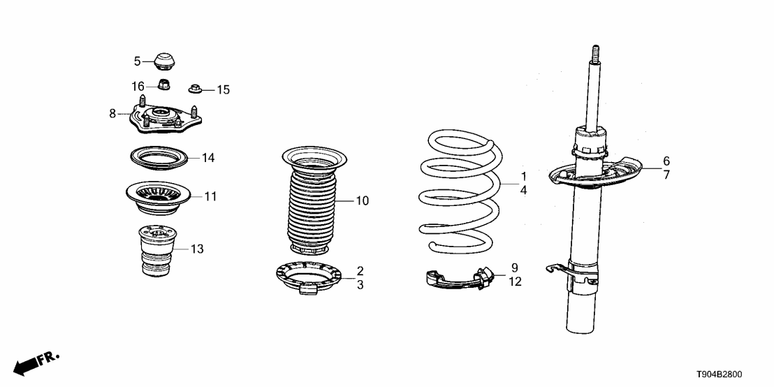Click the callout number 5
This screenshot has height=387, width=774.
click(x=138, y=61)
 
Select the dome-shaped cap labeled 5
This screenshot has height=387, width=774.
click(x=165, y=60)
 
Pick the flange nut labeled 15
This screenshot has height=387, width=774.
click(x=195, y=89)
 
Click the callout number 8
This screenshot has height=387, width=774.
click(x=112, y=113)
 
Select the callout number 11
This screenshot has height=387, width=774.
click(x=210, y=197)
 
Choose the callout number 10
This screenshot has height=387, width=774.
click(x=362, y=201)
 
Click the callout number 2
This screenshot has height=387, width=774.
click(x=360, y=270)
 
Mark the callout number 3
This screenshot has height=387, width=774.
click(x=360, y=284)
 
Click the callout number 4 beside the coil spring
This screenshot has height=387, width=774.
click(x=523, y=189)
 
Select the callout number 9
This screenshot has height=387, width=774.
click(x=514, y=268)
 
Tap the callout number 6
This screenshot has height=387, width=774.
click(x=666, y=161)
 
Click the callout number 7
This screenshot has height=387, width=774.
click(x=666, y=175)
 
